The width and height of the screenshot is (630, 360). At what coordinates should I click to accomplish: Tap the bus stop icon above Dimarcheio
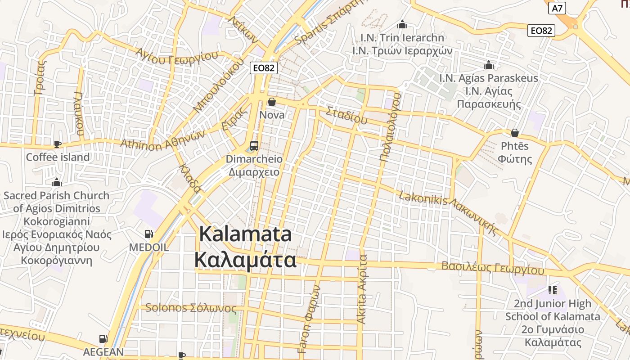254,145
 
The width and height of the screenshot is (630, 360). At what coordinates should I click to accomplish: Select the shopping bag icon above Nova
271,102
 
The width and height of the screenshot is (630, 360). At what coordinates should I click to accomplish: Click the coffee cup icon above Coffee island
58,144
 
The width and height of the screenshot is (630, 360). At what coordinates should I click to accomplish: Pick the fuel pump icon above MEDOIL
148,234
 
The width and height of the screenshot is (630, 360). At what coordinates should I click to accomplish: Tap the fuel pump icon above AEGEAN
103,338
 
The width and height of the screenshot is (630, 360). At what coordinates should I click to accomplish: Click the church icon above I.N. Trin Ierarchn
402,24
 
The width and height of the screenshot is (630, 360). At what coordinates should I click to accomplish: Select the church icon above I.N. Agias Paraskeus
488,65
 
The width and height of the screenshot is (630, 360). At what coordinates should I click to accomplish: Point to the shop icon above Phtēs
515,133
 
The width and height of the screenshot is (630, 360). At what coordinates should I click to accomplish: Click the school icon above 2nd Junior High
552,290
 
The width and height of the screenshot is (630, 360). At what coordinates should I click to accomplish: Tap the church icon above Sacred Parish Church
56,182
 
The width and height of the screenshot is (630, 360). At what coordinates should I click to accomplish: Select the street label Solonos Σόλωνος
191,308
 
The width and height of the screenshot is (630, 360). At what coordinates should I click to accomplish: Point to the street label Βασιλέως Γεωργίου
492,268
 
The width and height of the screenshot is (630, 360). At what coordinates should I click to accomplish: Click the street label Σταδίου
346,115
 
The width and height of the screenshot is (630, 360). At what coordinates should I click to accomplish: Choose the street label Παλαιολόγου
390,127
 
